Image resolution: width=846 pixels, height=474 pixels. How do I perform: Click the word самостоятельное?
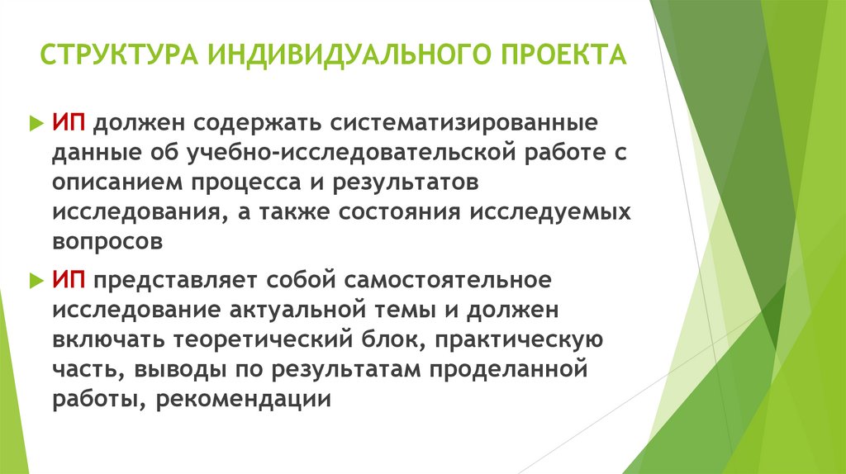(x=449, y=279)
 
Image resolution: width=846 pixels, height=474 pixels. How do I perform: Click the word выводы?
(x=164, y=368)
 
